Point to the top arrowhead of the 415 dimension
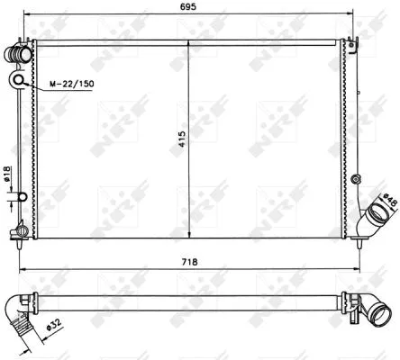187,41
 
